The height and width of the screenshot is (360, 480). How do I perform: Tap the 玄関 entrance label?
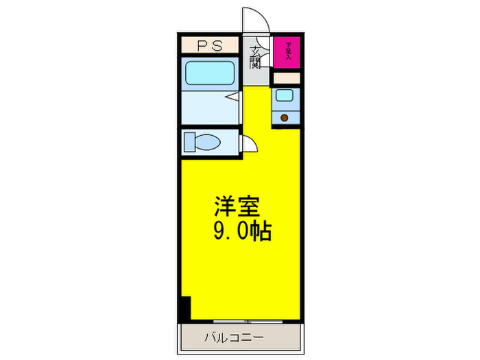255,58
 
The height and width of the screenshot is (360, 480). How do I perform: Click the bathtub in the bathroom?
209,72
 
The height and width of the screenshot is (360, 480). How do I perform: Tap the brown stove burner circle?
284,118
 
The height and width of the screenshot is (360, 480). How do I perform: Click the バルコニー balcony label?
233,337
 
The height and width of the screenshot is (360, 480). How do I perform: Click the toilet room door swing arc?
250,145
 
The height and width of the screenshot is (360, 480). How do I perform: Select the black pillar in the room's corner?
184,309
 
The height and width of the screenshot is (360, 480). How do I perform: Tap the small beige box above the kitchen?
287,77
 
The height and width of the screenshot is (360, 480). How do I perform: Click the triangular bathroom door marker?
234,97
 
